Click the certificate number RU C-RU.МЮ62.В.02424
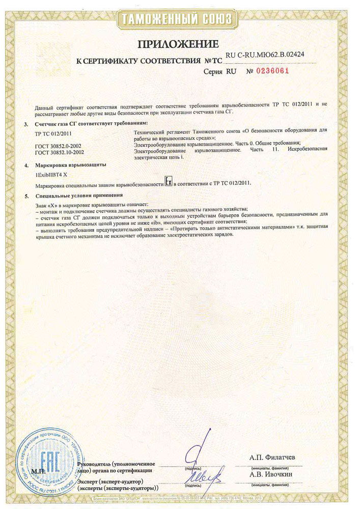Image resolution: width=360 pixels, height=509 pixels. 265,54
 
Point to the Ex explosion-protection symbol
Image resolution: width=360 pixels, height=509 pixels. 169,182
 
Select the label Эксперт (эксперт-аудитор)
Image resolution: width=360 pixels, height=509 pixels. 110,481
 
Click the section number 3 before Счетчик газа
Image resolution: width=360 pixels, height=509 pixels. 26,124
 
